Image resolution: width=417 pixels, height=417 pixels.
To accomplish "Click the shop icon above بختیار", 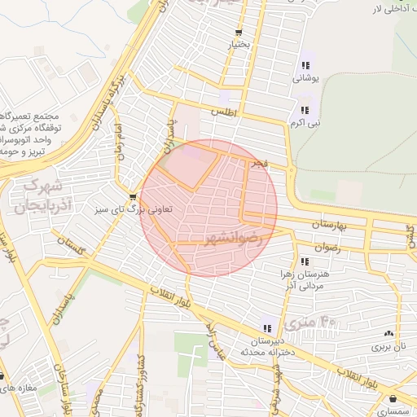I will tap(239, 33).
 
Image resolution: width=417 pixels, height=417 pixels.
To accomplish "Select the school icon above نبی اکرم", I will tap(305, 110).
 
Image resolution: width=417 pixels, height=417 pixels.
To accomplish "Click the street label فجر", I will tap(259, 165).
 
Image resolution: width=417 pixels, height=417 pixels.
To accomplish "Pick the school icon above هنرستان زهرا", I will tap(305, 261).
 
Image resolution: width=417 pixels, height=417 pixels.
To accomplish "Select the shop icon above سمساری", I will tap(395, 399).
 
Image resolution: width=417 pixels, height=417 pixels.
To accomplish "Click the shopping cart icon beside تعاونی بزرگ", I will tap(133, 196).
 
